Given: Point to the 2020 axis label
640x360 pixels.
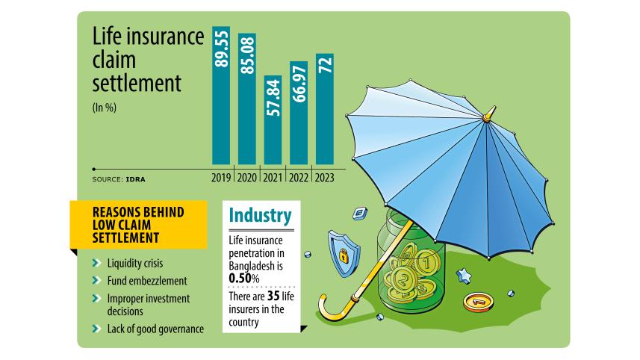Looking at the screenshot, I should [x=246, y=178].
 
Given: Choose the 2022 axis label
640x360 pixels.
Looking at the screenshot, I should [x=299, y=178].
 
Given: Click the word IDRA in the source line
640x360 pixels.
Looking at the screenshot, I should [x=135, y=179].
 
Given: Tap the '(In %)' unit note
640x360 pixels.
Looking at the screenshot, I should [x=105, y=107].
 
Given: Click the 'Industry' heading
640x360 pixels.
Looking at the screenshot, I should [x=260, y=217].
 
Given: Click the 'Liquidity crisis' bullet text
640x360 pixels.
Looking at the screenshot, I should [x=134, y=264].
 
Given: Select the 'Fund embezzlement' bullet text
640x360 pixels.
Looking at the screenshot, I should [x=146, y=281].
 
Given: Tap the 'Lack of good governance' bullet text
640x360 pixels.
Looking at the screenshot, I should [x=155, y=329].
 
